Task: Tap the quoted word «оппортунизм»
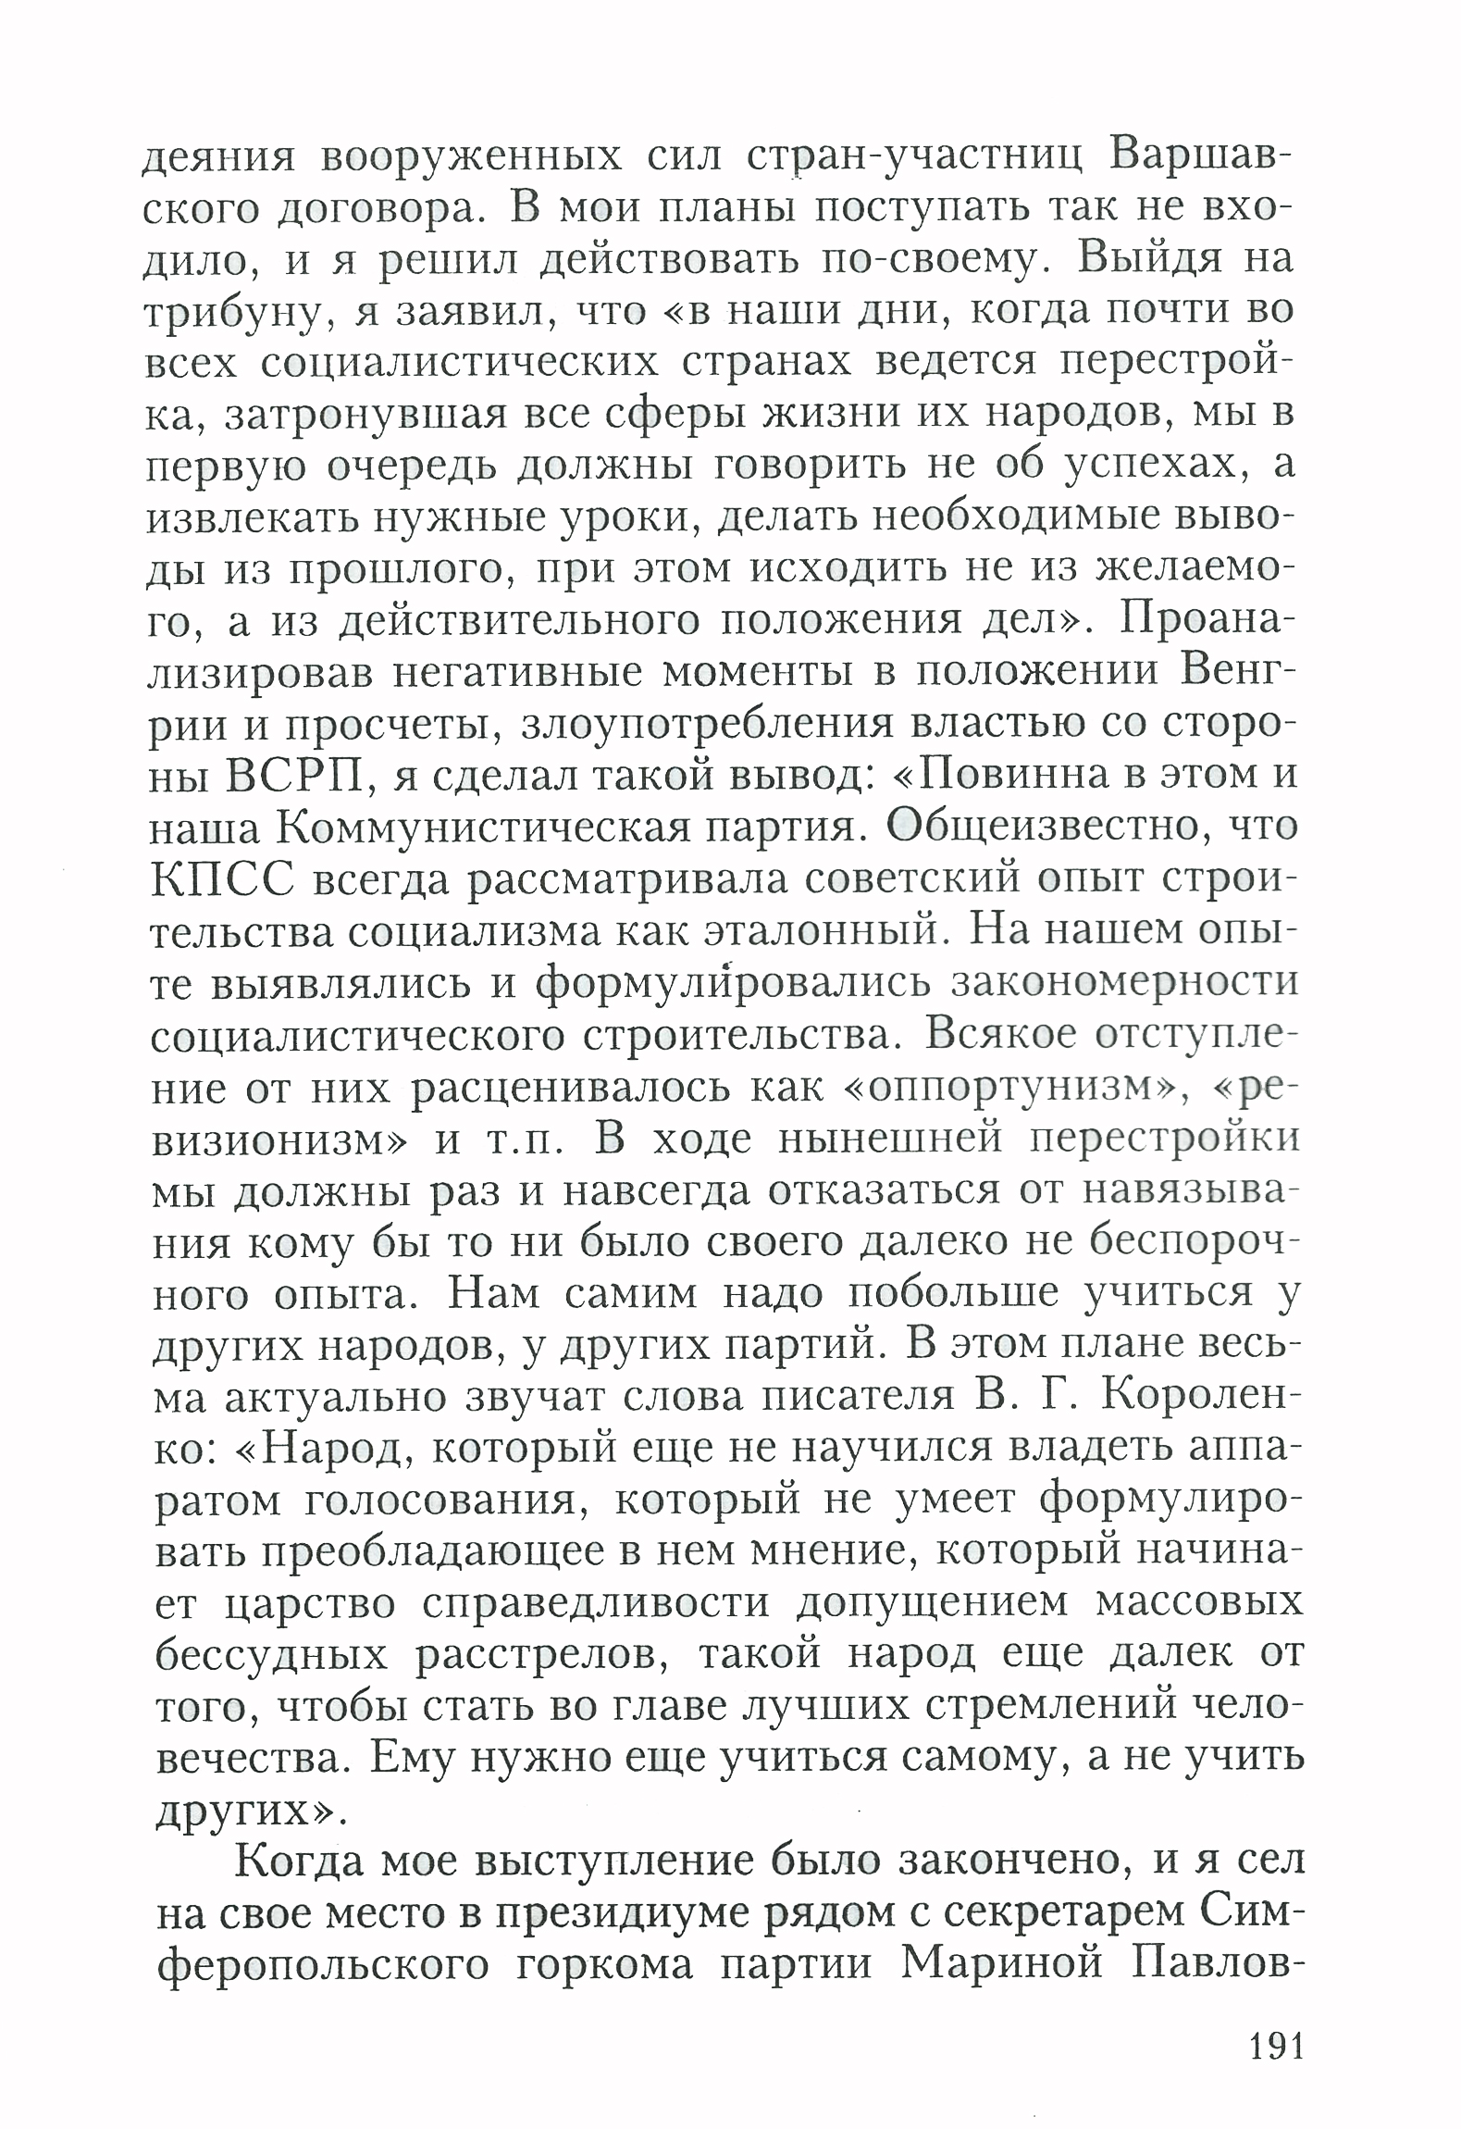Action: point(1017,1086)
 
